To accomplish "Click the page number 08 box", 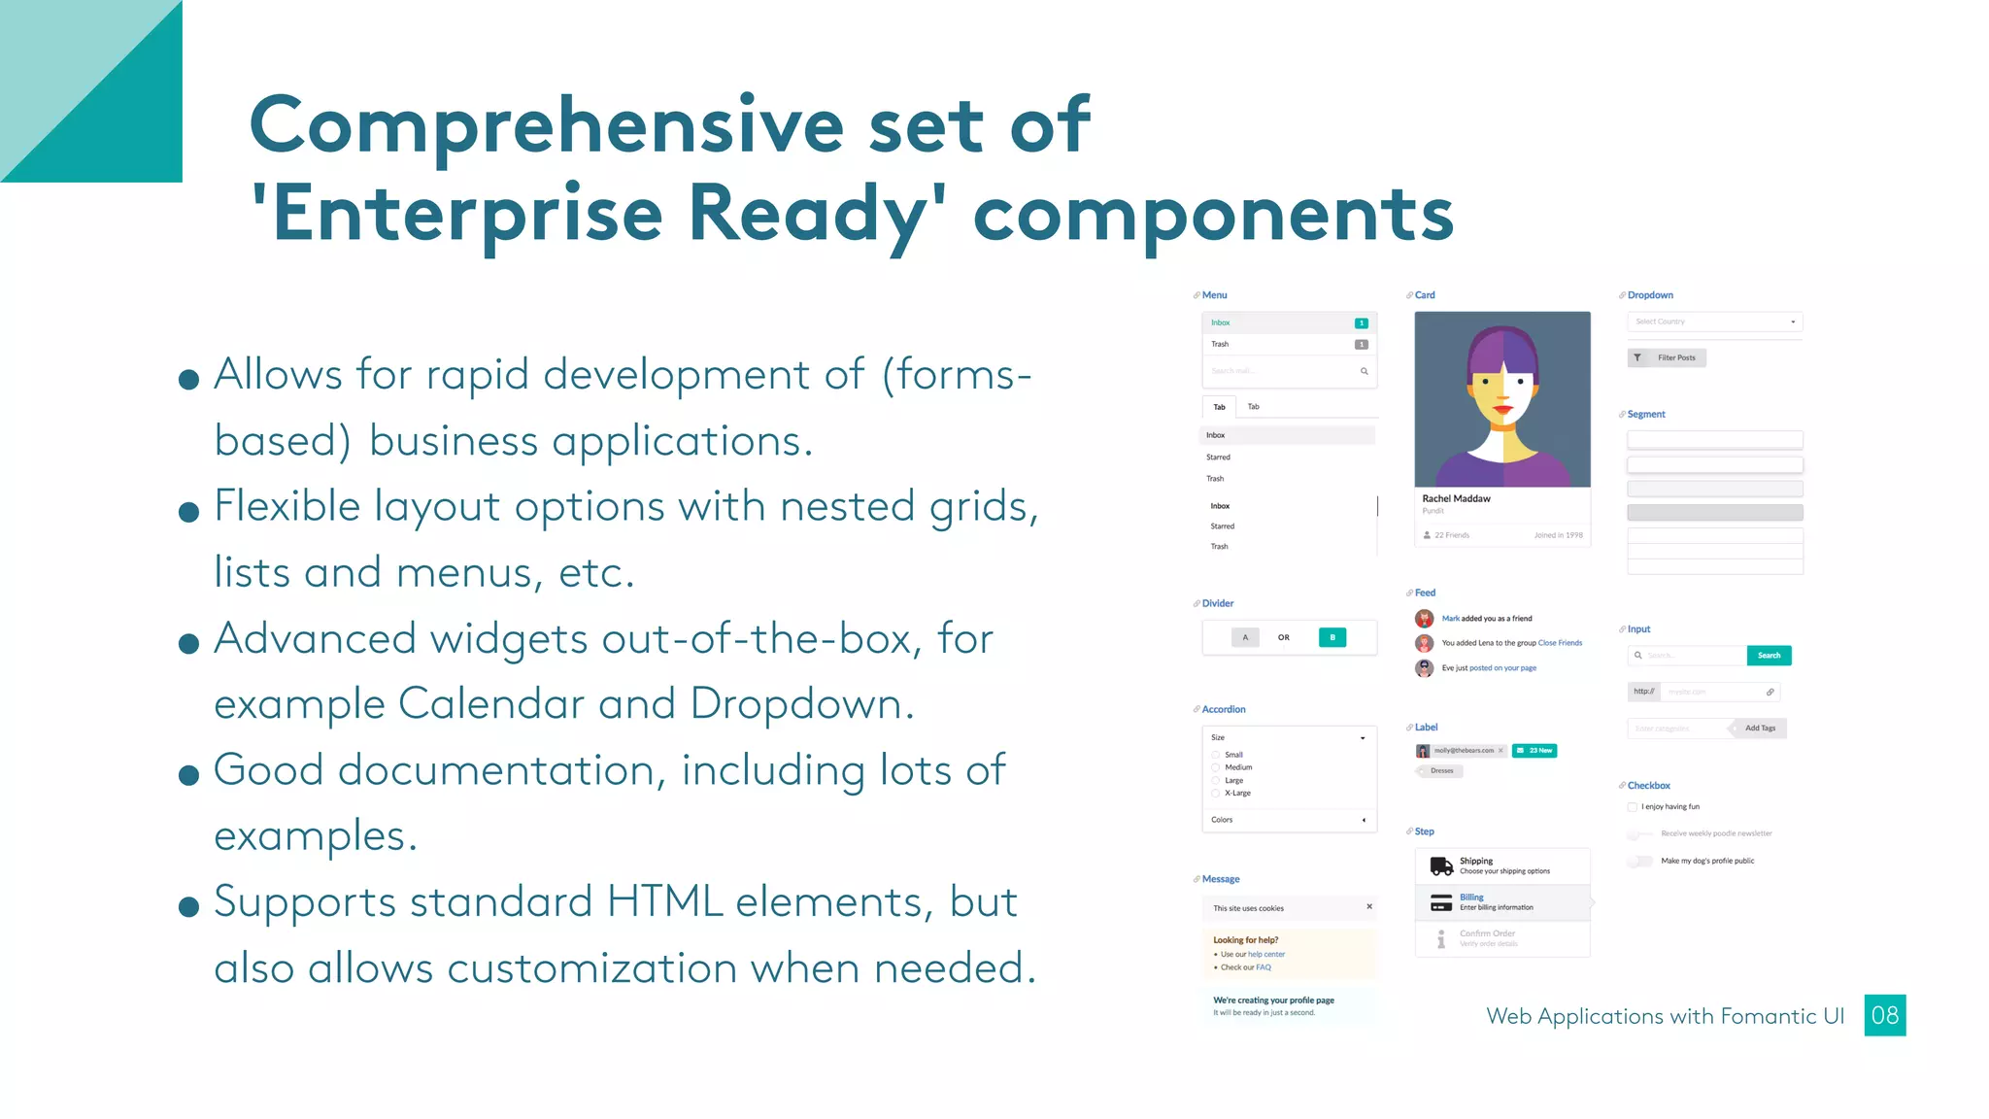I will [x=1884, y=1015].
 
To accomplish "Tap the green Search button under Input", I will [x=1769, y=656].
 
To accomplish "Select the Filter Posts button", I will [x=1667, y=357].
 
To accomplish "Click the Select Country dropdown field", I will [x=1714, y=322].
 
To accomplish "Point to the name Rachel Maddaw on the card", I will [x=1456, y=498].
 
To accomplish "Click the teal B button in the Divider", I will [x=1332, y=637].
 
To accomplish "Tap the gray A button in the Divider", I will [x=1245, y=637].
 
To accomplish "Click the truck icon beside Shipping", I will [x=1441, y=865].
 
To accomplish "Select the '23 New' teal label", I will [x=1534, y=751].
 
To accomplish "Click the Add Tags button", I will [x=1759, y=729].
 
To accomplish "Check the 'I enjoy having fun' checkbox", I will [x=1632, y=807].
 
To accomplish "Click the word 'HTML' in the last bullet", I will [x=665, y=901].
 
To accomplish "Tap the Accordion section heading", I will [x=1223, y=709].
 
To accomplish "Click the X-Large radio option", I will [x=1216, y=794].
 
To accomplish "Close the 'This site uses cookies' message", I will [x=1369, y=907].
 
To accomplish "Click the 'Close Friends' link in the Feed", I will [x=1560, y=643].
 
